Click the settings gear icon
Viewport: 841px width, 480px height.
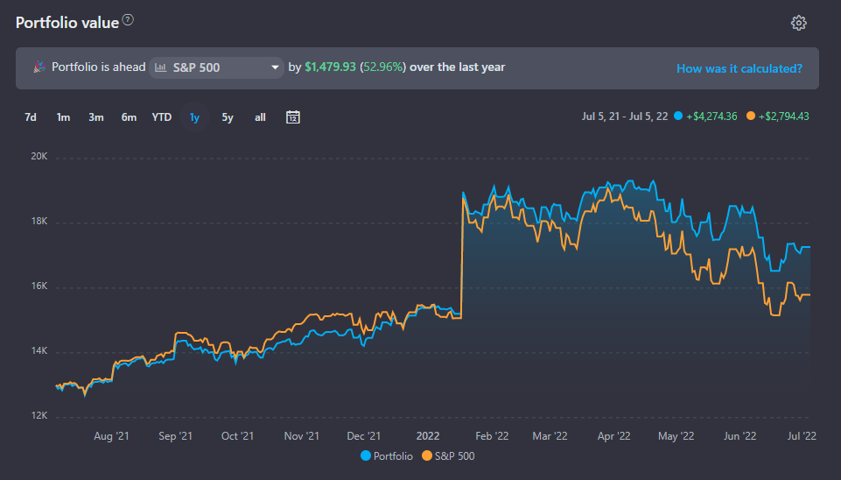click(798, 23)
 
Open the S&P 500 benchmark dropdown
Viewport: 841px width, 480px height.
click(216, 67)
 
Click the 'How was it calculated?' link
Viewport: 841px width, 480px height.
click(739, 68)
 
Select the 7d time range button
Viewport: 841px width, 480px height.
click(31, 117)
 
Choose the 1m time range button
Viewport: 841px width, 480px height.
click(63, 117)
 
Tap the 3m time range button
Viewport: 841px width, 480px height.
click(96, 117)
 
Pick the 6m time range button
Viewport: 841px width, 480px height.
click(129, 117)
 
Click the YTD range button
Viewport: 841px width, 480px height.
click(162, 117)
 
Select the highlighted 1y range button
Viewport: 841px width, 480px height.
click(194, 117)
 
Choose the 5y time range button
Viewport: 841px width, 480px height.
click(228, 117)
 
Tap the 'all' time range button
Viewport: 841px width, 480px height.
click(260, 117)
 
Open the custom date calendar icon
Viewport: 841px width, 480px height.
click(293, 117)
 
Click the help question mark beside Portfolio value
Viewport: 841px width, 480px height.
click(129, 20)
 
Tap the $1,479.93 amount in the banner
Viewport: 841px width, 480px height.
click(330, 67)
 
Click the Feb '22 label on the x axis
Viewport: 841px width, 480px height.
click(491, 435)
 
